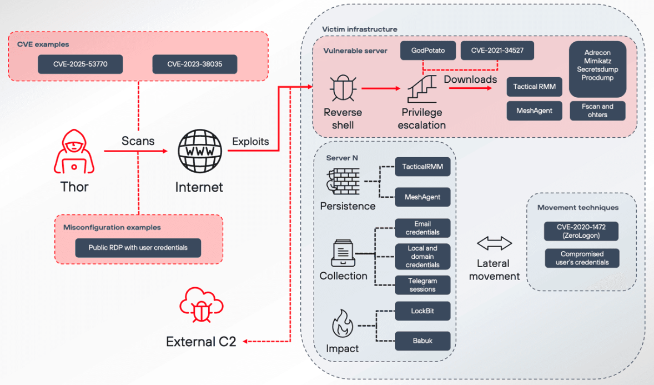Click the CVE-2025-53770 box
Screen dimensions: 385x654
point(81,64)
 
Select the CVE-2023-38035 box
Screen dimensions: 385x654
point(195,64)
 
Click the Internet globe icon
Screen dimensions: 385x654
point(199,151)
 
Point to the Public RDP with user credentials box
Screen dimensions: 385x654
point(138,247)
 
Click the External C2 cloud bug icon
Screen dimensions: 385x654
point(201,306)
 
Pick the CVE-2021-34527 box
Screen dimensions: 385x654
point(497,51)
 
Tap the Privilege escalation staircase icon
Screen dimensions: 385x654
point(422,89)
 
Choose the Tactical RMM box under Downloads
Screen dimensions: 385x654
point(535,87)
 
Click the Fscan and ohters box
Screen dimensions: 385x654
point(597,111)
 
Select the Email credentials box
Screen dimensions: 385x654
point(422,228)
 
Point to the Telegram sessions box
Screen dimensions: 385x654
point(422,285)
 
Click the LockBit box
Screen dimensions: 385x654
point(422,311)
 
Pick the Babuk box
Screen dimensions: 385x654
point(422,341)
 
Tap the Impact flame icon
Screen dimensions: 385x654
point(342,324)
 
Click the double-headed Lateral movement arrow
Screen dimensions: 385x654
point(494,243)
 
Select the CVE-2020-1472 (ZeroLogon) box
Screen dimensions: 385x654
point(581,231)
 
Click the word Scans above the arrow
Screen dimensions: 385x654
point(138,141)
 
